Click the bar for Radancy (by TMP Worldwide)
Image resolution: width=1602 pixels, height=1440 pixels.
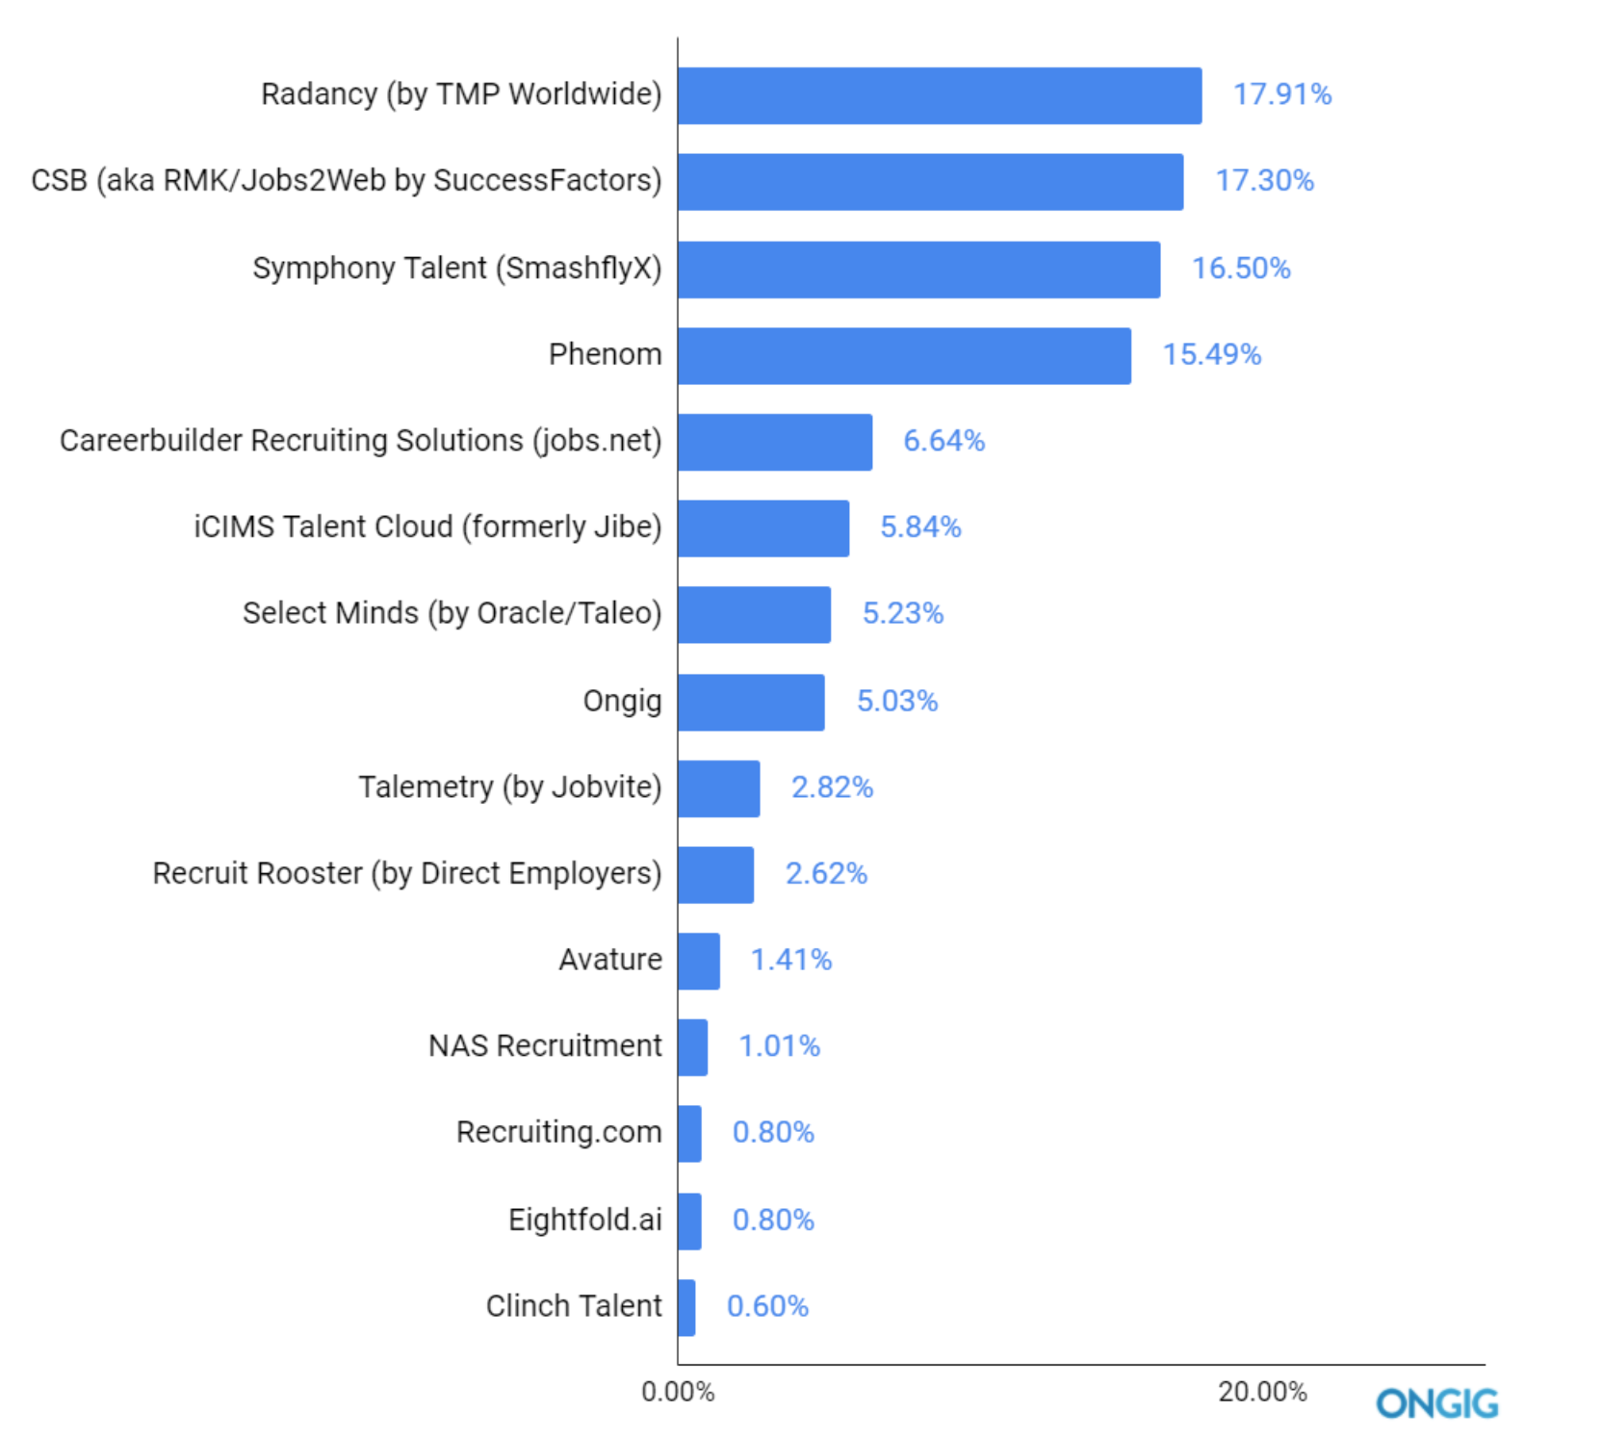coord(940,95)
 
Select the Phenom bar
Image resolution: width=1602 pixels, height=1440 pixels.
coord(904,355)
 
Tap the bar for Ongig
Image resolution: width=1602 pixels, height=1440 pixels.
coord(751,702)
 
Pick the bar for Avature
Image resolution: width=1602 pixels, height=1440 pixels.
coord(699,961)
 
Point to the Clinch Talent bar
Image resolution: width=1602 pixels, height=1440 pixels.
coord(686,1307)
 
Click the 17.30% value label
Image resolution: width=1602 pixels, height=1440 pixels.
coord(1264,181)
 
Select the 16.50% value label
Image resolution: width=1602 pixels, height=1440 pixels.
coord(1241,269)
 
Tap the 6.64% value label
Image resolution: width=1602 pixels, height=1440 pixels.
coord(943,441)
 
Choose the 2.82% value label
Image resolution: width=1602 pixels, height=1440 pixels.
coord(832,787)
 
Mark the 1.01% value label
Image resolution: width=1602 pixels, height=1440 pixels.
coord(779,1046)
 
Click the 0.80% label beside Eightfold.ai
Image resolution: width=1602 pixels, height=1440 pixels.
coord(773,1221)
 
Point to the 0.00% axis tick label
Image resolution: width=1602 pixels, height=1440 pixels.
coord(678,1392)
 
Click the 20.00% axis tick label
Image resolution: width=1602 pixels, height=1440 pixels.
coord(1262,1392)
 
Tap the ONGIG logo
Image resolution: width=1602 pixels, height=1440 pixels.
coord(1436,1403)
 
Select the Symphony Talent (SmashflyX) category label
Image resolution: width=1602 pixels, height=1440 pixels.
coord(457,269)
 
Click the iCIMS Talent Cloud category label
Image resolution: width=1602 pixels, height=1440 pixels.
coord(427,527)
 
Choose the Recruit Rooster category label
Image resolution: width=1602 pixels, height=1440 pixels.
coord(407,874)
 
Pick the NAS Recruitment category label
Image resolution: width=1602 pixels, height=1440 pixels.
coord(545,1046)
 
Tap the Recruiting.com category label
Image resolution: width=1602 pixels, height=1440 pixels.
coord(558,1133)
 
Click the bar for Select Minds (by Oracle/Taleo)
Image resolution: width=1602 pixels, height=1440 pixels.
coord(754,614)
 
